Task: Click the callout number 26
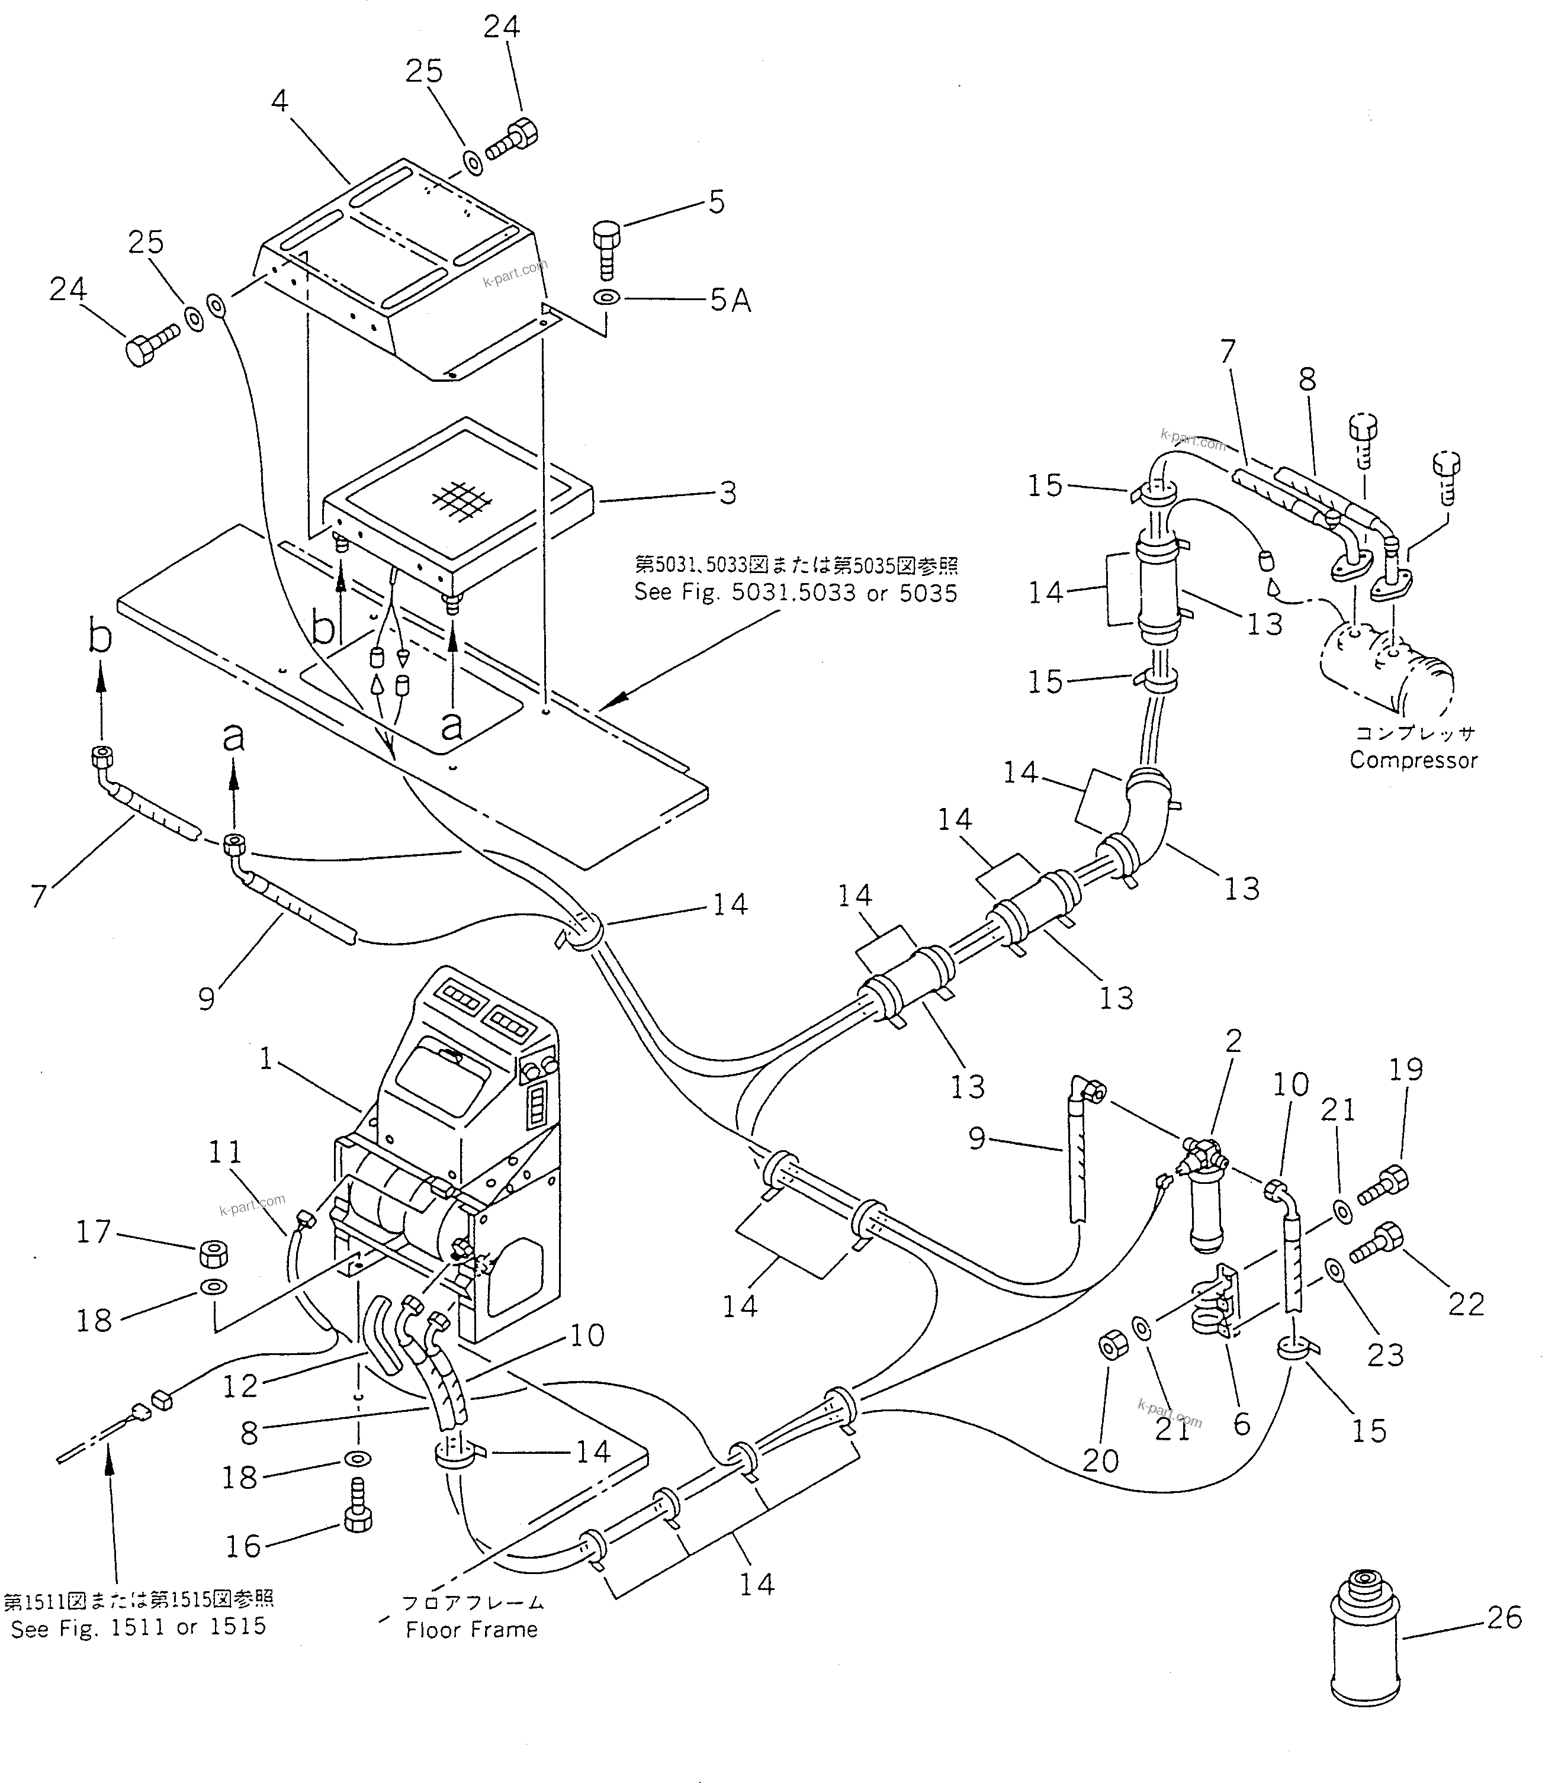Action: [x=1504, y=1618]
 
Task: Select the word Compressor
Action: [x=1413, y=760]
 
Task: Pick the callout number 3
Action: [x=728, y=493]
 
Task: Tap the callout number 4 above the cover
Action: [x=279, y=102]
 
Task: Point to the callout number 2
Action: [x=1233, y=1041]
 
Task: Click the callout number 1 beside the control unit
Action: [x=266, y=1058]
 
